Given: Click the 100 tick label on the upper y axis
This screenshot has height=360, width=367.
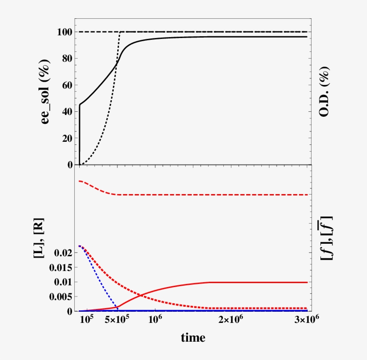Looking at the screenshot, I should tap(64, 32).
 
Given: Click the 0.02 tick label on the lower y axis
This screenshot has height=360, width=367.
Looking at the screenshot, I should tap(63, 253).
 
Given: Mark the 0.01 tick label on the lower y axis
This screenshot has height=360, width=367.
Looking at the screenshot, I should tap(63, 282).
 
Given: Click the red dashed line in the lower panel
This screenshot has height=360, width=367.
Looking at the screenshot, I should tap(201, 195).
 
